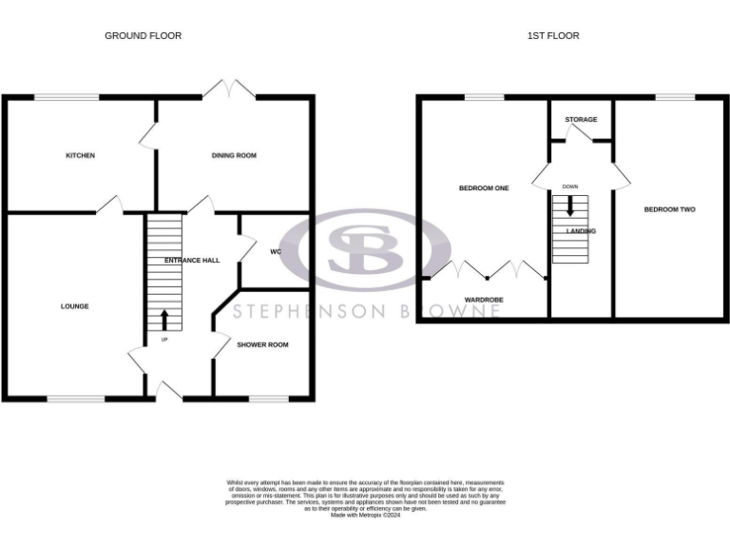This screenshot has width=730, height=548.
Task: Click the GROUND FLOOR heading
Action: point(143,36)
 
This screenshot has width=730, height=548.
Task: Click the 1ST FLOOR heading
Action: point(553,36)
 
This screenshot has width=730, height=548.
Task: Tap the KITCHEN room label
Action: point(80,155)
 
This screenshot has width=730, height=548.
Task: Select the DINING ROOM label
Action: point(234,155)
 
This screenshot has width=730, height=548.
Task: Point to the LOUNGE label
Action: point(75,306)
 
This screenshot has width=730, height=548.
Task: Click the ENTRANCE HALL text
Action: point(192,260)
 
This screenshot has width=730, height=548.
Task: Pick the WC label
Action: point(276,252)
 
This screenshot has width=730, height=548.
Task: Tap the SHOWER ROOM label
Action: point(263,344)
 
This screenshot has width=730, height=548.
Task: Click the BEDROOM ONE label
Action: point(484,188)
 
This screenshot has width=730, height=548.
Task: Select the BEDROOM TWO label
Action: point(669,209)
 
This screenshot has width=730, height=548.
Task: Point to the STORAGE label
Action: point(581,120)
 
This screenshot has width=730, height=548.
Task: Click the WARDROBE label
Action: point(484,300)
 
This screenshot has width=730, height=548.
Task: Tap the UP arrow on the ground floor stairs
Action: point(164,320)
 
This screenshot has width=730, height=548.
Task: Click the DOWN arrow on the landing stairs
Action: point(570,205)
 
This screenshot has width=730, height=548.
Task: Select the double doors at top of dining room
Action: point(229,90)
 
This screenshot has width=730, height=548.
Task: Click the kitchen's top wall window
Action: point(67,97)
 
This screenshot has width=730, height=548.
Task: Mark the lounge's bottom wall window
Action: point(76,399)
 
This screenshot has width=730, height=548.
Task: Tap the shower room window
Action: point(267,399)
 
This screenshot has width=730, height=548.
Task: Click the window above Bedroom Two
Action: point(675,97)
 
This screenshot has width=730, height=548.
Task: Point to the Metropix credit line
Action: point(365,515)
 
